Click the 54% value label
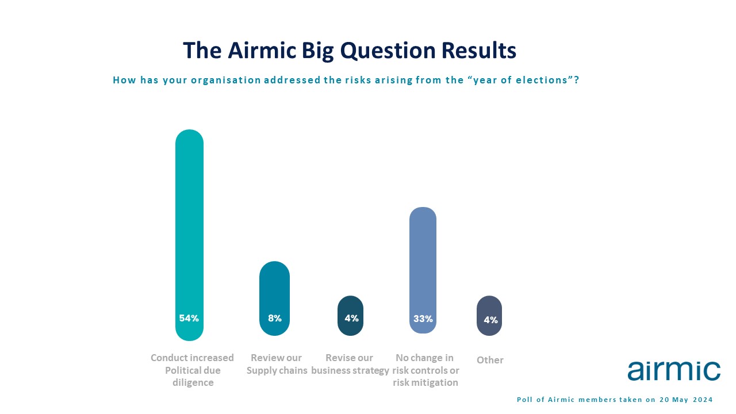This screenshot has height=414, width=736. click(x=189, y=318)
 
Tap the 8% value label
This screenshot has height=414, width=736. click(x=275, y=318)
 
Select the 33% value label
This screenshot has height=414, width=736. click(x=423, y=319)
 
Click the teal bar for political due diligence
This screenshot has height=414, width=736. click(x=189, y=235)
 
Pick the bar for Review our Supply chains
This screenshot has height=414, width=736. click(x=274, y=298)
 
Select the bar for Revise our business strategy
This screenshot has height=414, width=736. click(x=350, y=316)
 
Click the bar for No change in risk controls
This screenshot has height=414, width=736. click(x=423, y=270)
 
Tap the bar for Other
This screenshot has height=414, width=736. click(x=489, y=316)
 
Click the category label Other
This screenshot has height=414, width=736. click(x=490, y=360)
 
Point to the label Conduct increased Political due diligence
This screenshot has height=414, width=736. click(x=193, y=370)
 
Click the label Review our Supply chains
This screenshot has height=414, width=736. click(x=277, y=364)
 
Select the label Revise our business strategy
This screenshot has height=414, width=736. click(x=350, y=364)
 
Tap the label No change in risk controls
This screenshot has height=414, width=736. click(x=425, y=370)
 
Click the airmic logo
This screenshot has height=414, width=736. click(x=674, y=371)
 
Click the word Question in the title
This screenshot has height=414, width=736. click(x=388, y=51)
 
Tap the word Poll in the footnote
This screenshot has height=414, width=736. click(x=524, y=400)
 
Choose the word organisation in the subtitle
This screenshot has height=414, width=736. click(x=226, y=80)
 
